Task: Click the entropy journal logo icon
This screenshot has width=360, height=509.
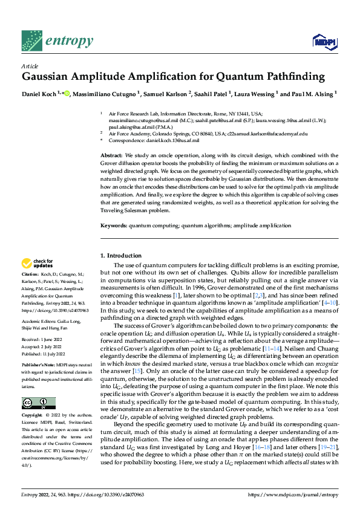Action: pos(31,41)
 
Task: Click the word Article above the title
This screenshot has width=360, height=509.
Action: pos(30,66)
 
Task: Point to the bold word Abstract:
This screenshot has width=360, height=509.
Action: pos(112,156)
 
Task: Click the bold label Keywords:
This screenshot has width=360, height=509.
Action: pos(114,225)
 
